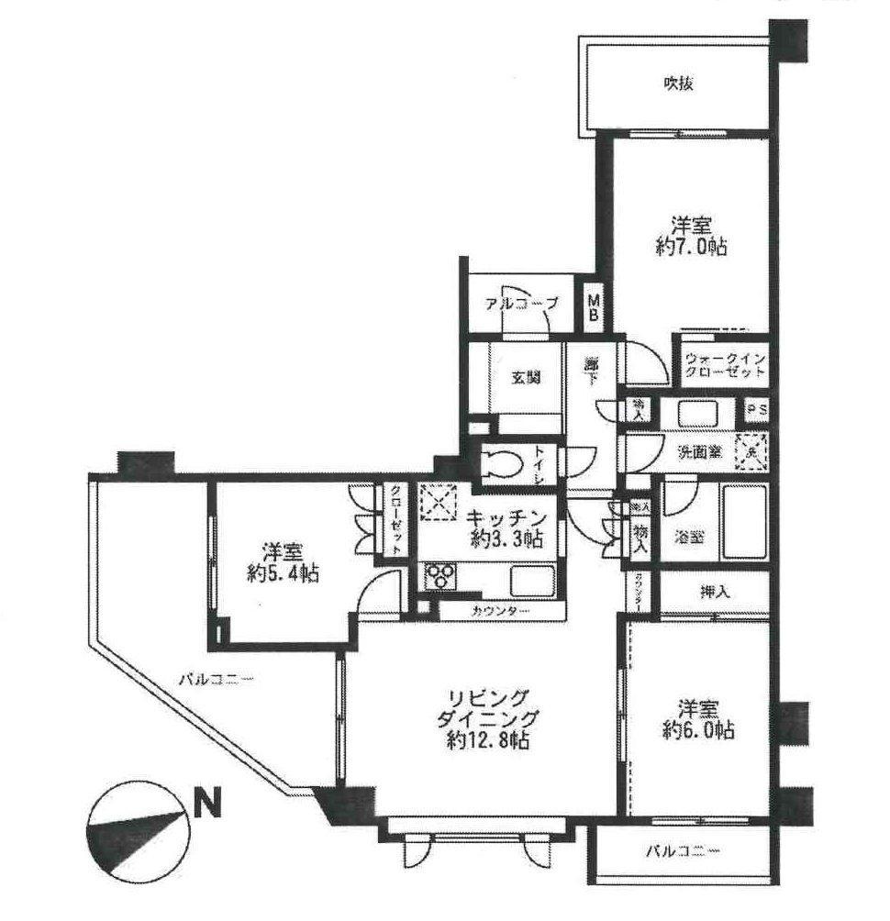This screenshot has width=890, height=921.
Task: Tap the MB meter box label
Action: (594, 308)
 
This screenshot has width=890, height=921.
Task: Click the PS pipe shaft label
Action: (757, 409)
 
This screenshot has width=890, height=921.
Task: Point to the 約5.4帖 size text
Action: (284, 574)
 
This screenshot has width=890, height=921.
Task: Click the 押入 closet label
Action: (715, 593)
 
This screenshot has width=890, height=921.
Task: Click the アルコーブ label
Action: (520, 305)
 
